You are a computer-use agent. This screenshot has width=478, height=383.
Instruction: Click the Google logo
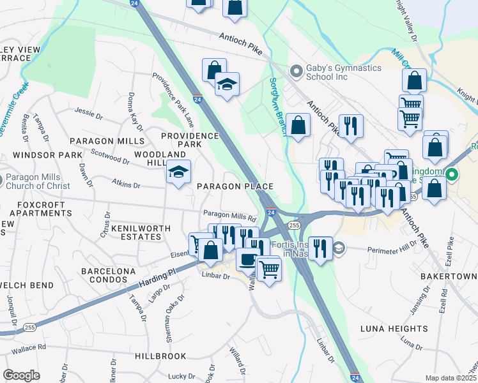click(21, 375)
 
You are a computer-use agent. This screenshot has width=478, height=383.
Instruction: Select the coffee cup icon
click(247, 259)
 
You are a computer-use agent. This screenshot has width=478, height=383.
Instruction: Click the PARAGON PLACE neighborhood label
click(235, 186)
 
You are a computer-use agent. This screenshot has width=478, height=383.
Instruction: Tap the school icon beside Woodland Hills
click(178, 172)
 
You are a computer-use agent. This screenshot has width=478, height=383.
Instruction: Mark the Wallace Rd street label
click(24, 347)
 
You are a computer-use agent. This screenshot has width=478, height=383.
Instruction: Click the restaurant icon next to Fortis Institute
click(320, 247)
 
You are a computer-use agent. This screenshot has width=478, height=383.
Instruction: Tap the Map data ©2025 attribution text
click(450, 378)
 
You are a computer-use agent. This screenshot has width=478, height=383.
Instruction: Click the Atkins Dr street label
click(126, 185)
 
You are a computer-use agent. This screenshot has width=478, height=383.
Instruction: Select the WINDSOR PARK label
click(41, 155)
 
